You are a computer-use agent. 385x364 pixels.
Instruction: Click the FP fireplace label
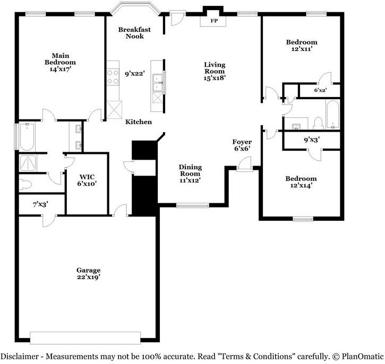[214, 21]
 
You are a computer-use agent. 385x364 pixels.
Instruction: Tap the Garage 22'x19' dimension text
[88, 277]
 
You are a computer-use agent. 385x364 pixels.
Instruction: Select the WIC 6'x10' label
[87, 180]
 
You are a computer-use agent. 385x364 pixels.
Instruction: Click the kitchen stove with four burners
[113, 77]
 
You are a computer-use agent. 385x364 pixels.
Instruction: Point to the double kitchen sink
[157, 82]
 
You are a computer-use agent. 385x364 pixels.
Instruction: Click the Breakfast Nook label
[134, 33]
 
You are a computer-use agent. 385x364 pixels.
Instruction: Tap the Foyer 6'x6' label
[242, 145]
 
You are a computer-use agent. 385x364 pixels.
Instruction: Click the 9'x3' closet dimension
[312, 140]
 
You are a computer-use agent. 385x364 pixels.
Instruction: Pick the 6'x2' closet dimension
[320, 90]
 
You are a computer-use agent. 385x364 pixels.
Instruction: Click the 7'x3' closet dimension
[40, 204]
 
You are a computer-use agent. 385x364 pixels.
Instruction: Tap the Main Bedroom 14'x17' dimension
[61, 69]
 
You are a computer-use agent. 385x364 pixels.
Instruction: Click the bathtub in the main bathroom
[27, 136]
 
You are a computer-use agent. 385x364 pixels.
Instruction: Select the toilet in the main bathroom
[25, 185]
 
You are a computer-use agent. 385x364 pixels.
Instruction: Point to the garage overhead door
[85, 338]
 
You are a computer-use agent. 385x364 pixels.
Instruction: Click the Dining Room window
[193, 205]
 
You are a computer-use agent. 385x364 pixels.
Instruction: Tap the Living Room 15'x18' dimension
[215, 78]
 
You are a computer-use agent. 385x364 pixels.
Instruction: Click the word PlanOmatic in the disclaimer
[362, 356]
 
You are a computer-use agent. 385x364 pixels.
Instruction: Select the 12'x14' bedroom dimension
[301, 185]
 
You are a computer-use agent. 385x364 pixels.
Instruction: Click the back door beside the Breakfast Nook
[177, 18]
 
